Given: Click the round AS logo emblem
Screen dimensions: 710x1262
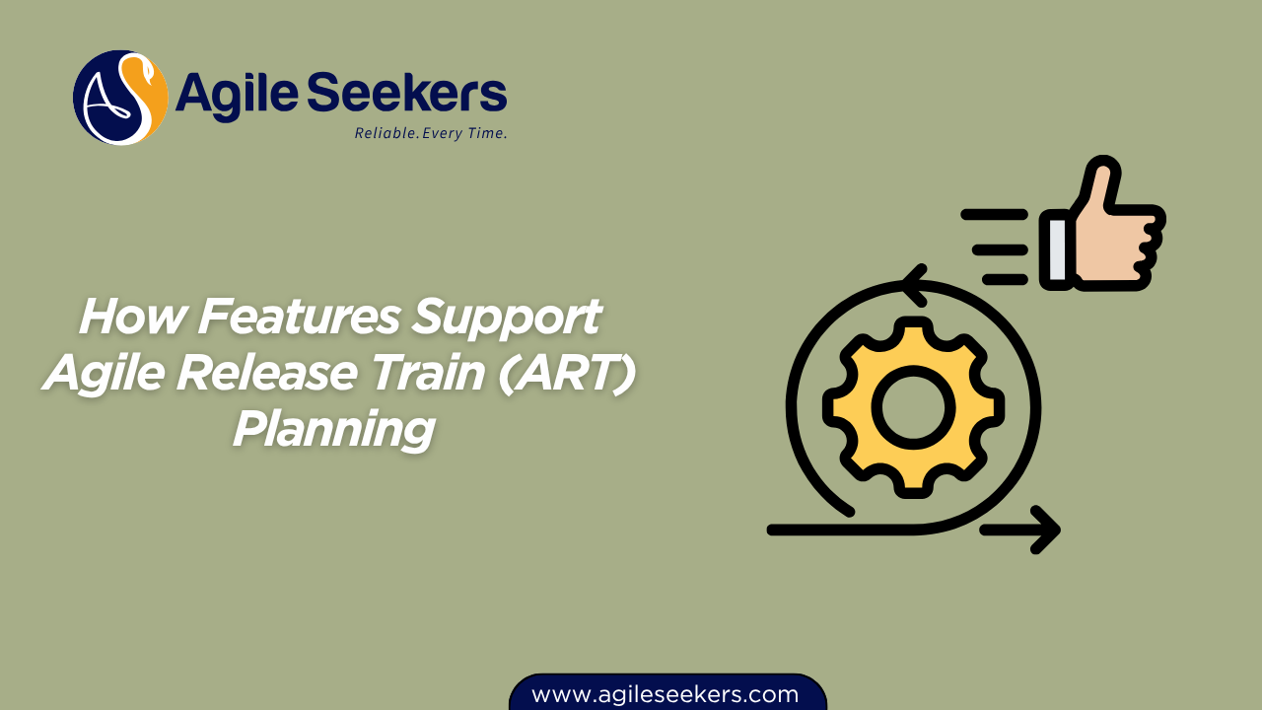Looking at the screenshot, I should (120, 98).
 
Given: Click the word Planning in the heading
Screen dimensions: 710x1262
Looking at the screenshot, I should (333, 430).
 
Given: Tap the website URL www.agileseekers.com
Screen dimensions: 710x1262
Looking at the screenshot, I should (666, 694).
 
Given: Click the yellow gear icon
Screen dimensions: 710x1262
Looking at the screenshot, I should (913, 406).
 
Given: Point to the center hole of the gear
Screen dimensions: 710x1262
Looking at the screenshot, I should (913, 406).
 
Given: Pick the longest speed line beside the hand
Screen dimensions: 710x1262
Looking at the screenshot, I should (993, 214).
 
